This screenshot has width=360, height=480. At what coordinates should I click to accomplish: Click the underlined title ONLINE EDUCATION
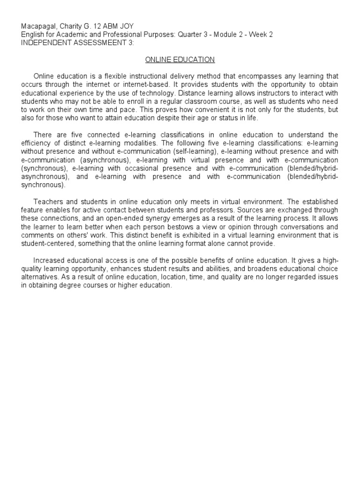(180, 60)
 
